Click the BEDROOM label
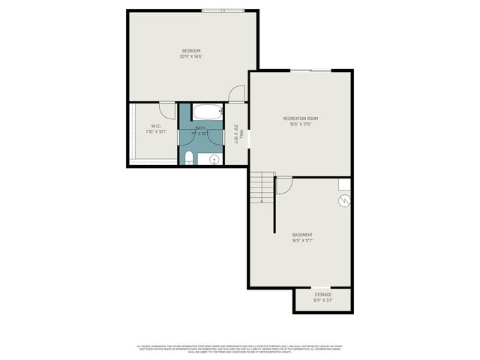190,50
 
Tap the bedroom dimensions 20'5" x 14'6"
190,56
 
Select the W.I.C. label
156,126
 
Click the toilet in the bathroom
189,157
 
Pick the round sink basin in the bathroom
214,159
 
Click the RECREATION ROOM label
301,118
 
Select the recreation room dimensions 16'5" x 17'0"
301,124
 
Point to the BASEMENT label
302,235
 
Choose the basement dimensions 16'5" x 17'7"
302,241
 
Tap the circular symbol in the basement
344,200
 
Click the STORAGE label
322,295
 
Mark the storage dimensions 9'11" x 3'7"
322,301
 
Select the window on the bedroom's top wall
221,10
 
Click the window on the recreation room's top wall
310,70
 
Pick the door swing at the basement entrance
284,184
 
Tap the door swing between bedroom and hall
236,94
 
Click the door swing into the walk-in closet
167,108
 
